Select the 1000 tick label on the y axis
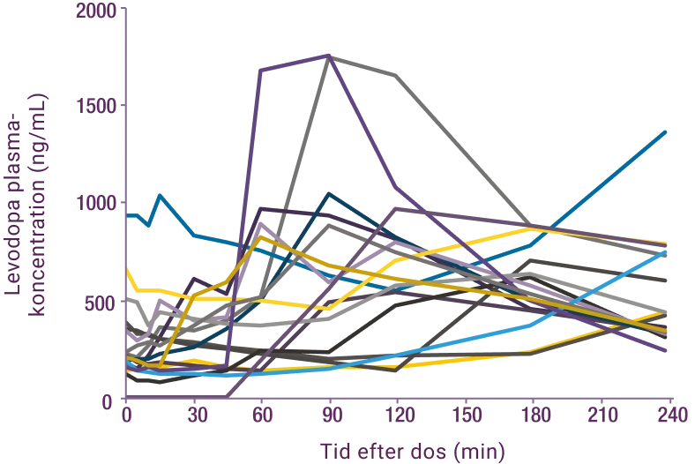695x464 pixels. pos(94,204)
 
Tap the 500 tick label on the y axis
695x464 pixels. pos(100,303)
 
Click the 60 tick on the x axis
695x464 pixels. pos(262,413)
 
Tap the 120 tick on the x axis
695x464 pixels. pos(399,413)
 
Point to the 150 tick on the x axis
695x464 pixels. pos(466,413)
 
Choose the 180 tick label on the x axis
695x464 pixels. pos(534,413)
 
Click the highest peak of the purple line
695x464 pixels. pos(328,54)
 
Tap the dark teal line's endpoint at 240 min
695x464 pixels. pos(668,130)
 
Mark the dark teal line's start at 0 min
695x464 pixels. pos(129,214)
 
